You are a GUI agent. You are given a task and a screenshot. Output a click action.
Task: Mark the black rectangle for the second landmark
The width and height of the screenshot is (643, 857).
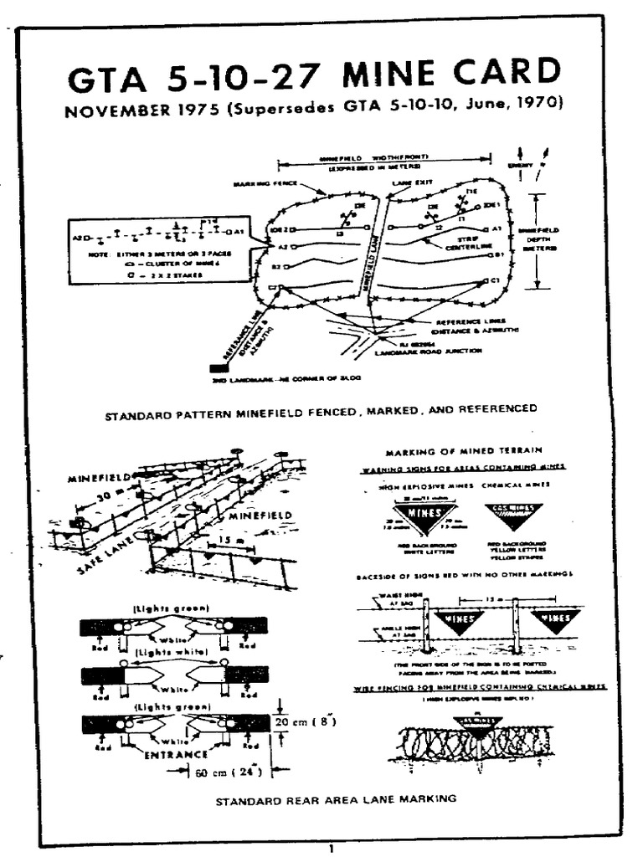coord(220,367)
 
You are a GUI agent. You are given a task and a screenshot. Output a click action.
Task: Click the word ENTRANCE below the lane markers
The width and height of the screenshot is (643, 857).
coord(177,754)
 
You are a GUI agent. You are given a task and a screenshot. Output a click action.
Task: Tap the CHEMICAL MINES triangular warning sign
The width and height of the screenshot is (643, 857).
coord(513,513)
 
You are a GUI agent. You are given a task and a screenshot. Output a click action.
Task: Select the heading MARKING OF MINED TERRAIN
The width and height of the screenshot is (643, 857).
coord(453,451)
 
